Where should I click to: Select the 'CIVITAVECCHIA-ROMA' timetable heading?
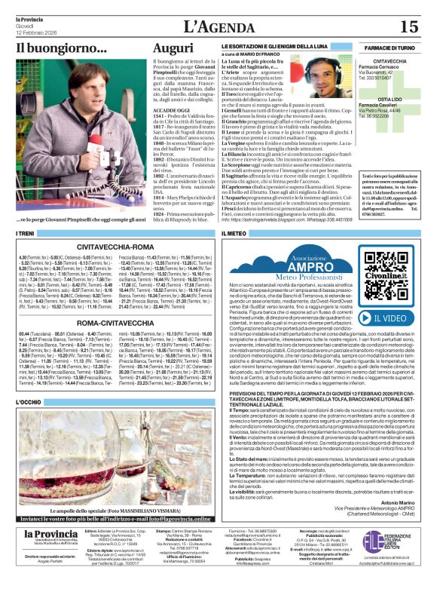(116, 247)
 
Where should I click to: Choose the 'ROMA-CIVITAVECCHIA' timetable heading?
(116, 322)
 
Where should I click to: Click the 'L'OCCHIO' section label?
(29, 403)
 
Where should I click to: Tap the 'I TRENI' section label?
(26, 235)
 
